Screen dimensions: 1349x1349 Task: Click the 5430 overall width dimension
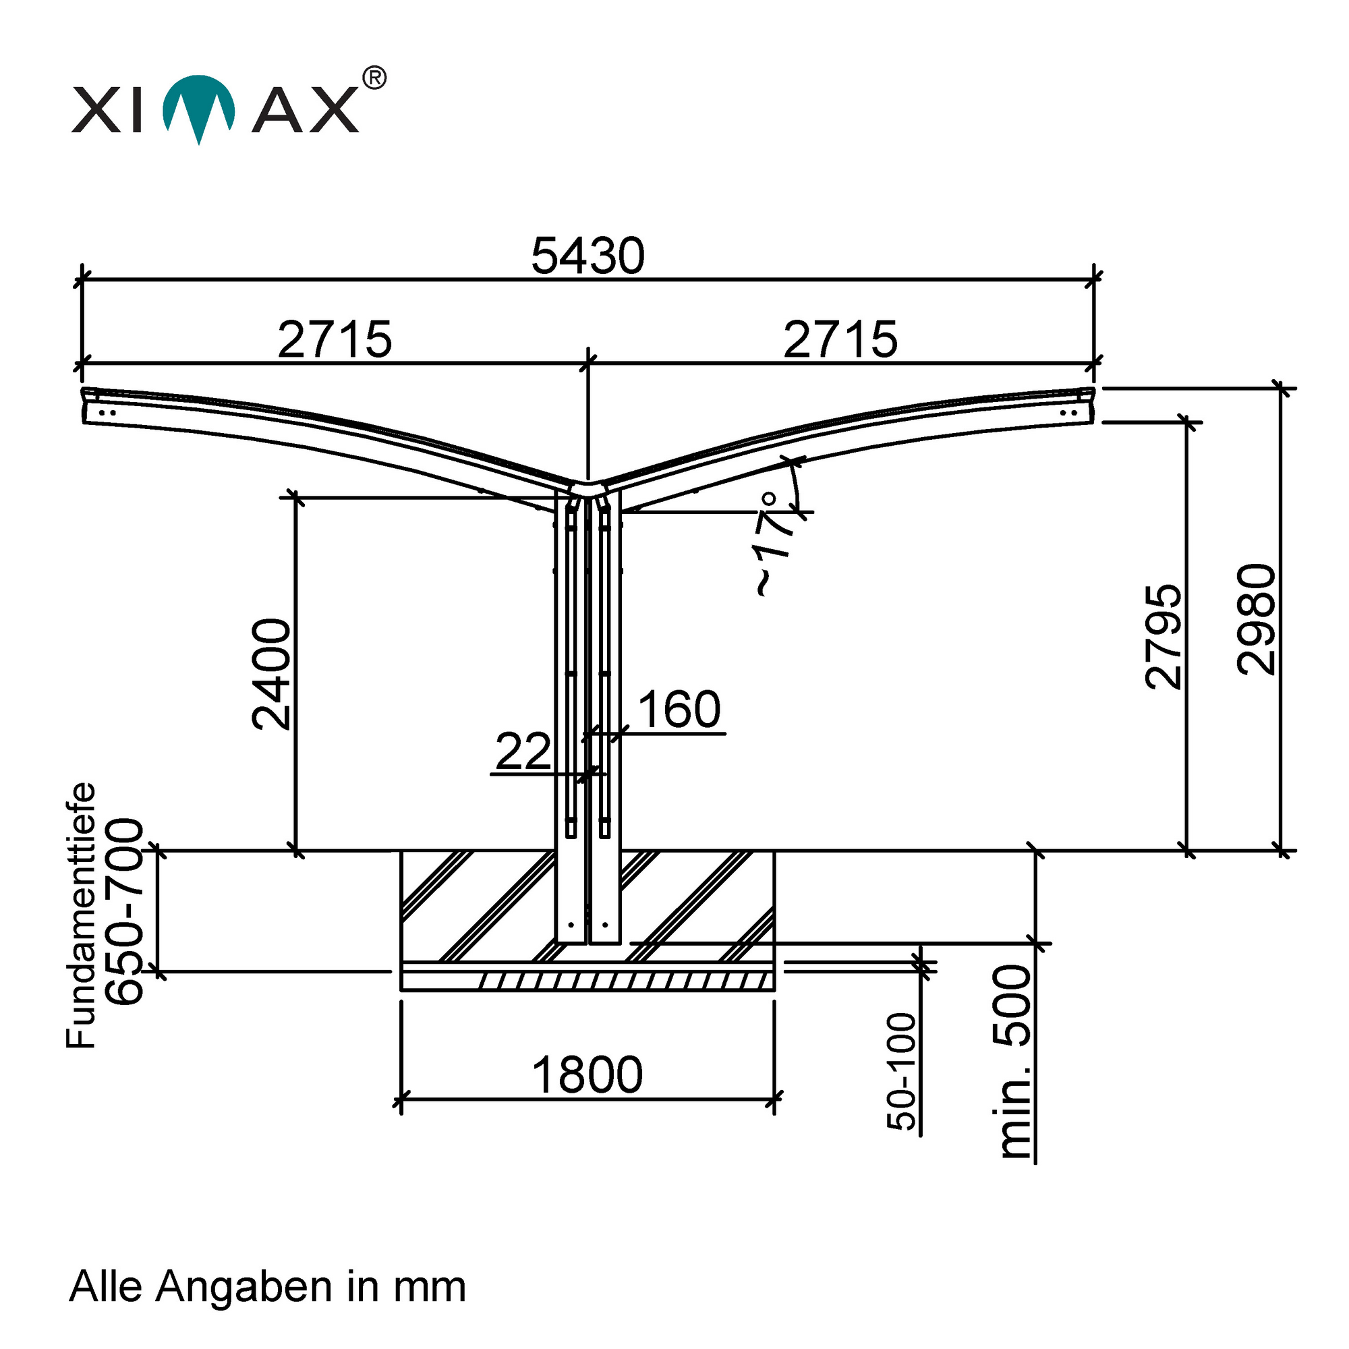coord(587,256)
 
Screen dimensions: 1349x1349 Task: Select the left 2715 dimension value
coord(335,340)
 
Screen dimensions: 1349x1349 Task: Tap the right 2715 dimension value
coord(840,340)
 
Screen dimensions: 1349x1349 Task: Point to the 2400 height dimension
coord(272,674)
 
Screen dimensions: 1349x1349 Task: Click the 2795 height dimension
coord(1164,636)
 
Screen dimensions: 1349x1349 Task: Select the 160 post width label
coord(679,710)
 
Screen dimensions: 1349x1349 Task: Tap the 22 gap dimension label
coord(523,751)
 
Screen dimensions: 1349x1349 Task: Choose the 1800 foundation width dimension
coord(587,1074)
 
